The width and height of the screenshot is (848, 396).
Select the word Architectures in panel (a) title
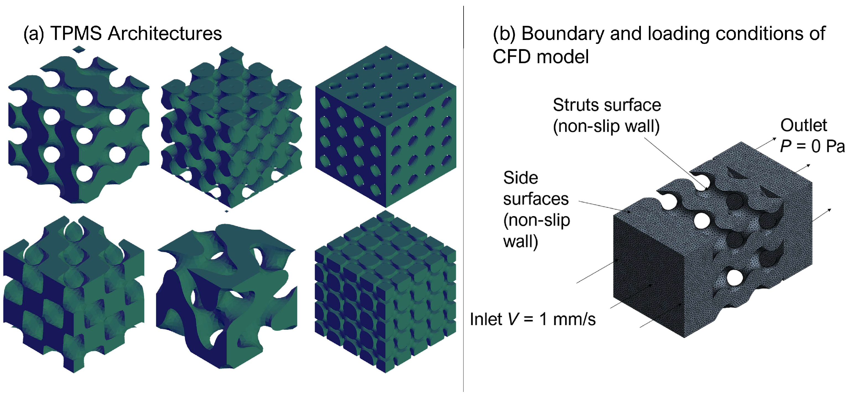click(x=165, y=33)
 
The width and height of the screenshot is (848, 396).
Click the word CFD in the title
click(x=513, y=57)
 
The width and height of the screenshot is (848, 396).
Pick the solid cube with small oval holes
click(x=386, y=127)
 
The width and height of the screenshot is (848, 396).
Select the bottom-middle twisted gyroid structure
click(x=227, y=296)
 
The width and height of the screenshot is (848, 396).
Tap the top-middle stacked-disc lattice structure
click(x=231, y=127)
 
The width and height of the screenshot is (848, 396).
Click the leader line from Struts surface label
click(x=675, y=163)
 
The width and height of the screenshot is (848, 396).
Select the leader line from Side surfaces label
click(x=601, y=206)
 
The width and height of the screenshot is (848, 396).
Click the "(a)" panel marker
click(x=33, y=33)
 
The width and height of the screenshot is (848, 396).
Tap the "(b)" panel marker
click(x=504, y=33)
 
